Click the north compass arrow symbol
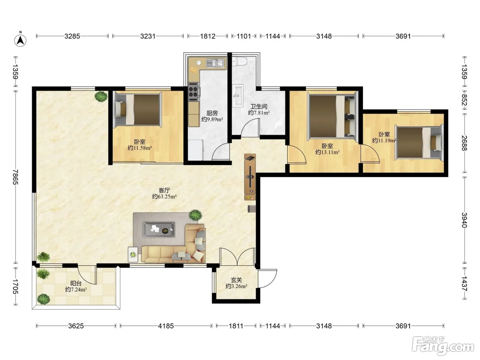[x=20, y=40]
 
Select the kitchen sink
[x=215, y=63]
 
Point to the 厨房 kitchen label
[x=212, y=113]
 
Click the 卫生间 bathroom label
[x=259, y=106]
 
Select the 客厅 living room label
[x=164, y=190]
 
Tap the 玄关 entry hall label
[x=236, y=280]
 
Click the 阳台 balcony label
[x=76, y=283]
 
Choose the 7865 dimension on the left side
[x=15, y=177]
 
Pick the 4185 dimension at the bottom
[x=166, y=326]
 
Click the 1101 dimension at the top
[x=244, y=36]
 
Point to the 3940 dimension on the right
[x=464, y=220]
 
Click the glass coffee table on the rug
[x=159, y=229]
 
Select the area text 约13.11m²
[x=327, y=152]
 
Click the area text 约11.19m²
[x=384, y=141]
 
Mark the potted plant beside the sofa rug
[x=195, y=215]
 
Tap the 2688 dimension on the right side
[x=464, y=143]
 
